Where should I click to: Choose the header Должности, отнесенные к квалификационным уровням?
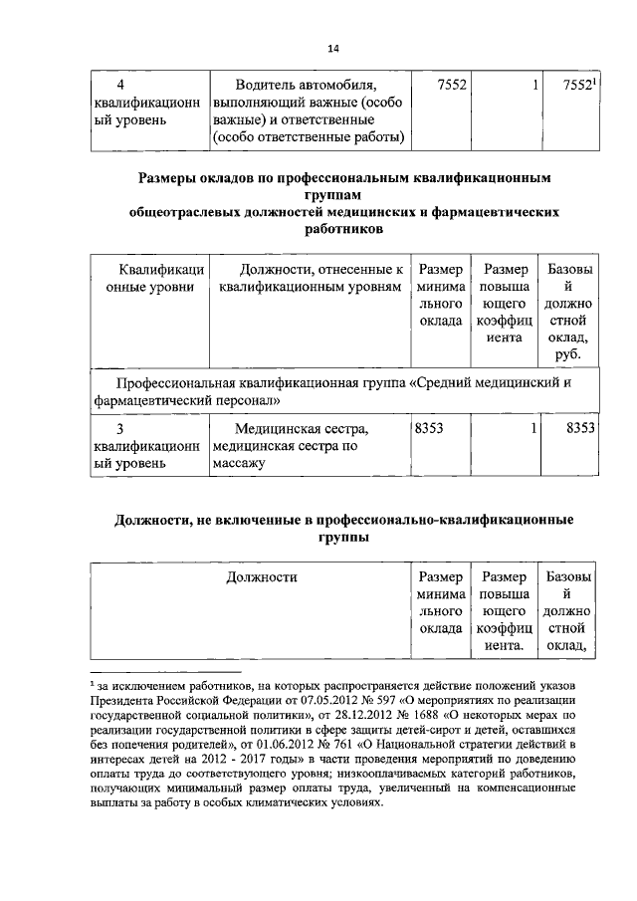pos(310,278)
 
